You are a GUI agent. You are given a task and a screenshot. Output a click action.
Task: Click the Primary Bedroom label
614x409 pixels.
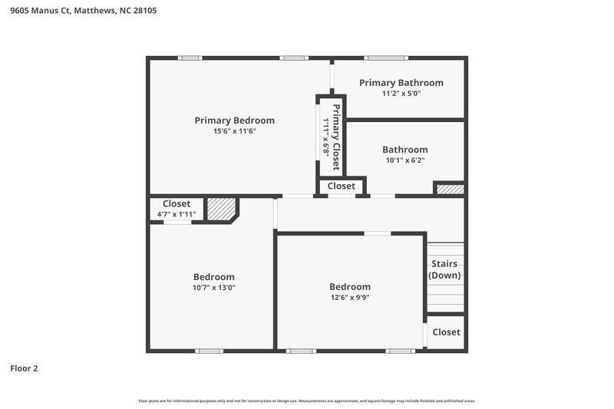coord(234,120)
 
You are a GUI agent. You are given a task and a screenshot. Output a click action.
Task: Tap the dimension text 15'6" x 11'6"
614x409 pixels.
coord(234,131)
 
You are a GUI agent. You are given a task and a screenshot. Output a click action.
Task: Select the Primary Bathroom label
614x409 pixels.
coord(401,83)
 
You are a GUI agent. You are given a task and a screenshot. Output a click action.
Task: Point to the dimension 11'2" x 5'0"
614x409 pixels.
coord(401,93)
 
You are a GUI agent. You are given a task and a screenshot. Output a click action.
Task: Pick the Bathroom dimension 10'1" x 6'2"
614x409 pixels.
coord(404,160)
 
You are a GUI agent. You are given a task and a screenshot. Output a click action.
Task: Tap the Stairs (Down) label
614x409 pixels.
coord(444,269)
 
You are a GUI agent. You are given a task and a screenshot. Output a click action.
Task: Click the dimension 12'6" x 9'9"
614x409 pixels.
coord(349,298)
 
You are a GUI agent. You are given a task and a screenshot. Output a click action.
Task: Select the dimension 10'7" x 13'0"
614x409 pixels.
coord(213,288)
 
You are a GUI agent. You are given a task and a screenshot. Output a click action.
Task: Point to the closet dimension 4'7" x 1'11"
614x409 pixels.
coord(176,214)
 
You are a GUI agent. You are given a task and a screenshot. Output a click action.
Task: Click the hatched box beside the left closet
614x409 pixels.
coord(221,209)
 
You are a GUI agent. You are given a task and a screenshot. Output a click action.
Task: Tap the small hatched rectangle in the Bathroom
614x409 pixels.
coord(450,189)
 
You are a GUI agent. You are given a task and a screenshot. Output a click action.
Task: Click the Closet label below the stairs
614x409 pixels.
coord(446,332)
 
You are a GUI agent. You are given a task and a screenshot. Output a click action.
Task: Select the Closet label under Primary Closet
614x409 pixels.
coord(342,186)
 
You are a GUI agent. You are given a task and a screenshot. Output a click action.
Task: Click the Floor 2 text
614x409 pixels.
coord(24,368)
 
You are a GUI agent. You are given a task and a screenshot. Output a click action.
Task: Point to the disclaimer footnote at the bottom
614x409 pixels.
coord(306,401)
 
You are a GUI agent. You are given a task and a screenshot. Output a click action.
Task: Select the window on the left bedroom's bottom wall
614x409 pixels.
coord(209,351)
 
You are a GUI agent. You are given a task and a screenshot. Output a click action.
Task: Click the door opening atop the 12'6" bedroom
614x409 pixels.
coord(377,233)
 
